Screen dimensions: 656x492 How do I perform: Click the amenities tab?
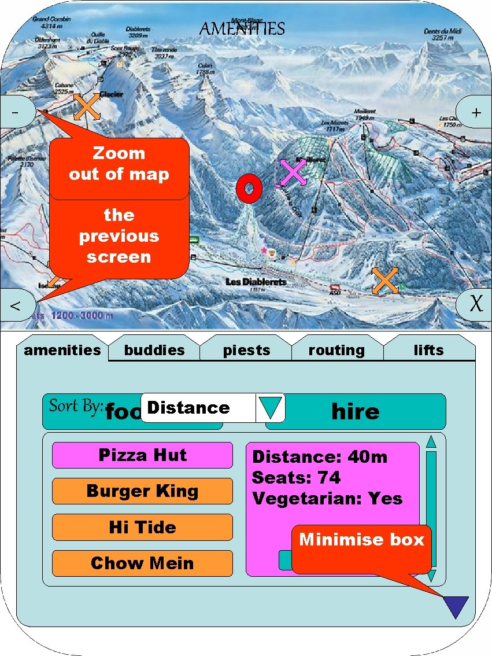(x=62, y=350)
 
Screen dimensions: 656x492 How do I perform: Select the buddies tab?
(x=154, y=350)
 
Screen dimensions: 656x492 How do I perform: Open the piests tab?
(x=246, y=350)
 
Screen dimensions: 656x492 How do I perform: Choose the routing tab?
(x=336, y=350)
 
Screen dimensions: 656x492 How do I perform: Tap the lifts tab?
(x=428, y=350)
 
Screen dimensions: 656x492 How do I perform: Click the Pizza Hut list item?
(x=142, y=455)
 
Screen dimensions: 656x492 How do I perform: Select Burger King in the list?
(x=142, y=491)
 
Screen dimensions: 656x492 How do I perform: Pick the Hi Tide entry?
(x=142, y=528)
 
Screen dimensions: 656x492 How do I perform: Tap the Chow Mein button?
(x=142, y=563)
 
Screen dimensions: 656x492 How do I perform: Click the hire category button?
(x=356, y=411)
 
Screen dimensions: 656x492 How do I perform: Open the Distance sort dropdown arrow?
(x=270, y=408)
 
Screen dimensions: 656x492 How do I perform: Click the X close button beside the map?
(x=475, y=304)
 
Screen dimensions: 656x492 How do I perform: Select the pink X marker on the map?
(x=293, y=172)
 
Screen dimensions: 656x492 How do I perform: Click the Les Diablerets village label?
(x=256, y=282)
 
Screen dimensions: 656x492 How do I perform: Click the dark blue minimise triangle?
(x=456, y=606)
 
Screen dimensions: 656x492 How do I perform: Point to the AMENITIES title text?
(x=242, y=29)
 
